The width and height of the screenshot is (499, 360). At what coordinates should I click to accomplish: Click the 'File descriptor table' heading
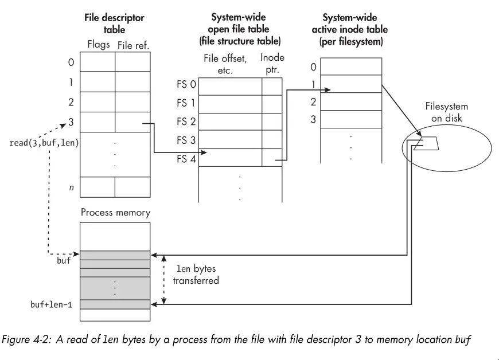click(x=115, y=24)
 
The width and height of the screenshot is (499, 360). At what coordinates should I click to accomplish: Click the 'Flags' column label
click(x=99, y=45)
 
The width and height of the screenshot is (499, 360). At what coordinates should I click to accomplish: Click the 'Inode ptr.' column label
click(x=272, y=63)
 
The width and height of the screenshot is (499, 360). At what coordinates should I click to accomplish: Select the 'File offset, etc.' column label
click(x=226, y=63)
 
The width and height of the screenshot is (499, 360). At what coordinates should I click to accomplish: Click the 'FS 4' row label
click(x=186, y=158)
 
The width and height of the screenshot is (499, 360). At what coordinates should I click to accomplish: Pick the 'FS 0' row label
click(x=186, y=85)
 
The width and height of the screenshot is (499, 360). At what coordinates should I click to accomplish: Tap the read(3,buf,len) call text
click(x=44, y=143)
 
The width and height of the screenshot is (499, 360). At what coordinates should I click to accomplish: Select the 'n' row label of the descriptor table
click(x=71, y=187)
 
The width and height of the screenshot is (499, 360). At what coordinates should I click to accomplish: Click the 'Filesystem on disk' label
click(x=446, y=112)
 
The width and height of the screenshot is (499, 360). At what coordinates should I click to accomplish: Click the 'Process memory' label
click(x=115, y=213)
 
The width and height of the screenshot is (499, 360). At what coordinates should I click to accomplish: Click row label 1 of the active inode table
click(x=313, y=83)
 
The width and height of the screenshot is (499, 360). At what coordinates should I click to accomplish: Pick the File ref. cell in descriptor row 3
click(x=132, y=122)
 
